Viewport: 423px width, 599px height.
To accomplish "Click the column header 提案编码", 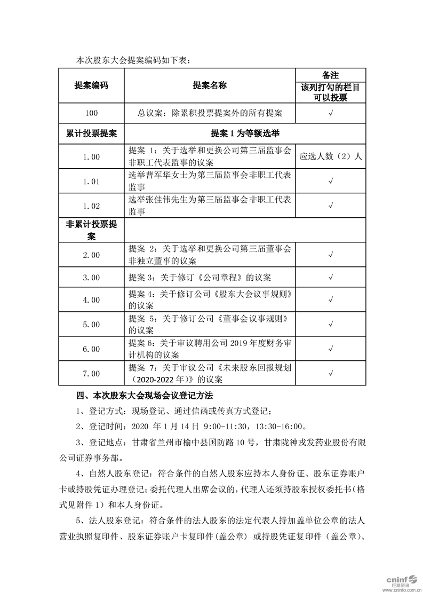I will (91, 85).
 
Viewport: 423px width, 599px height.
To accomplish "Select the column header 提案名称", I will (210, 85).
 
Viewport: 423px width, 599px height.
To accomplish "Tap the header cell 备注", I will (331, 75).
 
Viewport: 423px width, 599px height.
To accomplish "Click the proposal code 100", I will (91, 113).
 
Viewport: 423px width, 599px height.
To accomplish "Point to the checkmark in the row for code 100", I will (331, 113).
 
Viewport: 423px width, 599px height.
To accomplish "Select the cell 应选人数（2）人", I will (331, 157).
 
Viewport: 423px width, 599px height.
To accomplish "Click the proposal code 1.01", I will (91, 182).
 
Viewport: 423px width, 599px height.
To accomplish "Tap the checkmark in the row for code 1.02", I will (331, 206).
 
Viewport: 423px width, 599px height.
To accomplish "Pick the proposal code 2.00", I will (91, 255).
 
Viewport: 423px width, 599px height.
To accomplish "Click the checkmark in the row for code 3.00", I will (331, 278).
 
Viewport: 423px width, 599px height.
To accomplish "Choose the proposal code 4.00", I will (91, 300).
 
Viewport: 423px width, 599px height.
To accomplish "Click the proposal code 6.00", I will (91, 349).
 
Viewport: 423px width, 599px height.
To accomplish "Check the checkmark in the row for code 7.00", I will (331, 373).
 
